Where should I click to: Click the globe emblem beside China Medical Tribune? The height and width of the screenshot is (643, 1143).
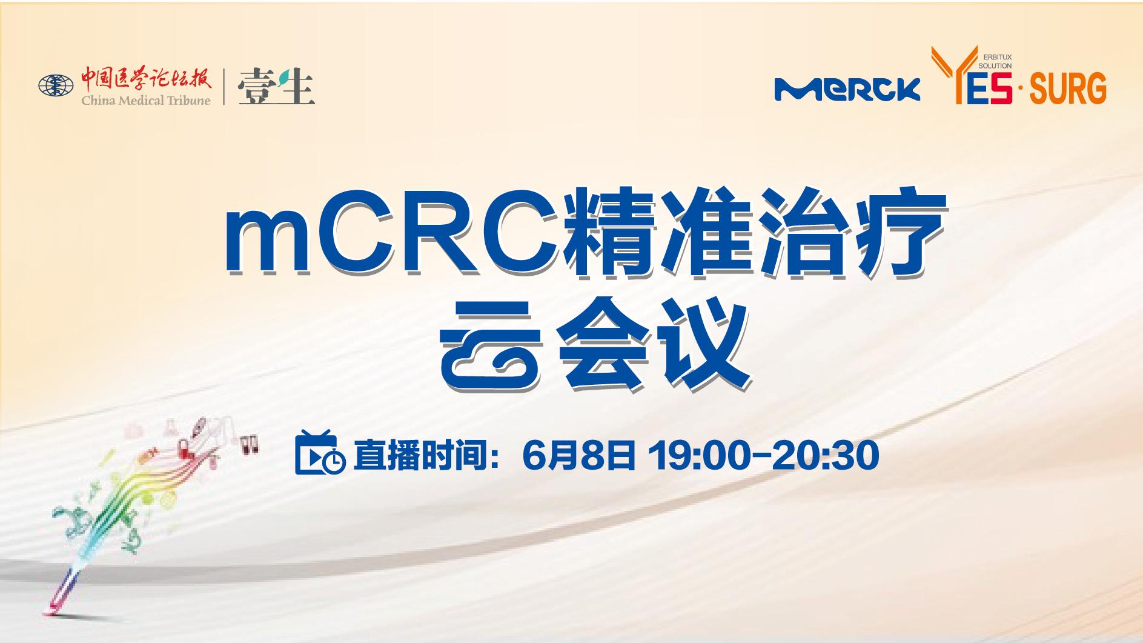coord(56,85)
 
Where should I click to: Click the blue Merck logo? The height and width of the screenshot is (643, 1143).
coord(847,89)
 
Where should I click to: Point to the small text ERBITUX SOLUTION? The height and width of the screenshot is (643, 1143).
coord(995,62)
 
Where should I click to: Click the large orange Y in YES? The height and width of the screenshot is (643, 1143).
coord(950,75)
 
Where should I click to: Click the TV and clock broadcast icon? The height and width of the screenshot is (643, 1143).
coord(320,452)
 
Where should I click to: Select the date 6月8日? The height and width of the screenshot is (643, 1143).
coord(578,455)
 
